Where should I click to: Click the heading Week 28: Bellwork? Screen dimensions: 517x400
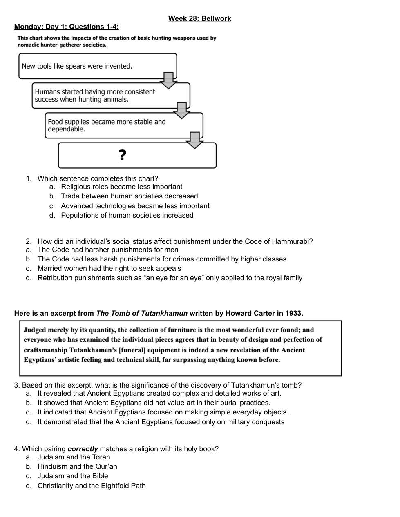199,18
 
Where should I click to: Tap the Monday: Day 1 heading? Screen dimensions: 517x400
67,27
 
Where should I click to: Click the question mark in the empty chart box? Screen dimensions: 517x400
123,155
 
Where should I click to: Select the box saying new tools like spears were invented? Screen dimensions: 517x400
97,66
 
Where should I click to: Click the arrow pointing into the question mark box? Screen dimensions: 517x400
195,140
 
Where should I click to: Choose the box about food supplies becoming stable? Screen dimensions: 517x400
123,125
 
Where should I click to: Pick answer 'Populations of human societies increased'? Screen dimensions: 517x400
127,215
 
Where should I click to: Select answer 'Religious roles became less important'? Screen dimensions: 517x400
121,187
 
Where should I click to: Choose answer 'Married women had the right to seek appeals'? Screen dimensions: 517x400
109,268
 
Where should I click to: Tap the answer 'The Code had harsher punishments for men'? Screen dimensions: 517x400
108,250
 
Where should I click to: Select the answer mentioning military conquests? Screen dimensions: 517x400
161,422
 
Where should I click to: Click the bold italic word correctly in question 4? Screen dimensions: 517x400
83,449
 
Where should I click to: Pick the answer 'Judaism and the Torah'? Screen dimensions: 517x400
74,457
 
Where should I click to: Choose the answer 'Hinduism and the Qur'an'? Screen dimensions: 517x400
77,466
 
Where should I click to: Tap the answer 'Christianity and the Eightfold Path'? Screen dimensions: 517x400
92,486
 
